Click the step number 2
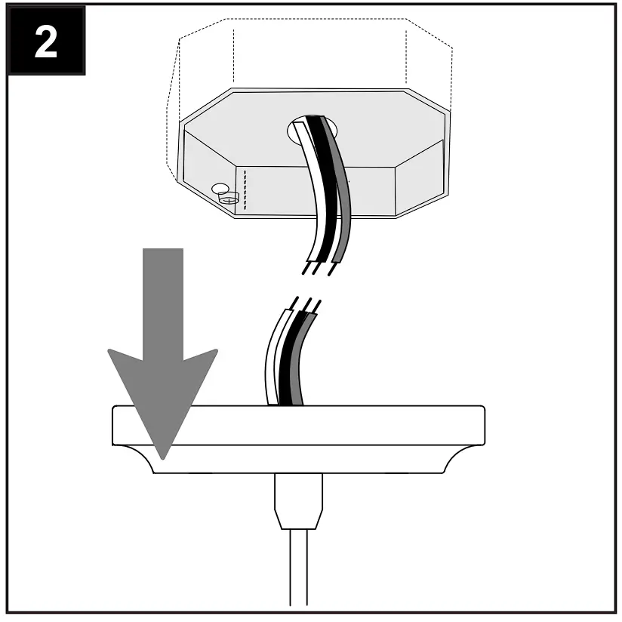[x=46, y=43]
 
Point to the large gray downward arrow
[x=163, y=347]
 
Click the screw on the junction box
[x=227, y=199]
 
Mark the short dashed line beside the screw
[x=245, y=184]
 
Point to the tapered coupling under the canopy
[x=298, y=501]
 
